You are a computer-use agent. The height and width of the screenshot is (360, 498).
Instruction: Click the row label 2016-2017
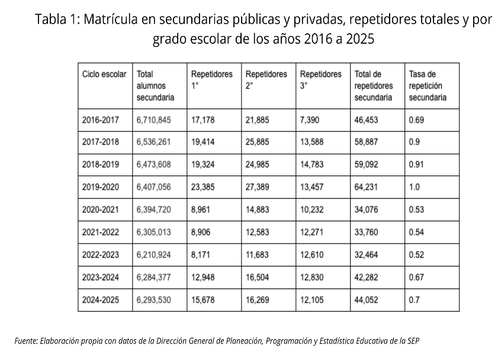point(101,120)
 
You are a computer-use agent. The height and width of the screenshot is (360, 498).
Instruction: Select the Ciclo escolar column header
point(104,75)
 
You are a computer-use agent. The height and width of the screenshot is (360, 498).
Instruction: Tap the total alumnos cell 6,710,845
point(153,120)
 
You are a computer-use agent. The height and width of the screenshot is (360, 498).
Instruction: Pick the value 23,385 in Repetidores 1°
point(203,187)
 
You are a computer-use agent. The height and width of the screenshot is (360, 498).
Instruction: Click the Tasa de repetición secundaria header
point(428,86)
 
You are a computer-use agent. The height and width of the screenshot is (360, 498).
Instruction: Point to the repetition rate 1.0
point(415,187)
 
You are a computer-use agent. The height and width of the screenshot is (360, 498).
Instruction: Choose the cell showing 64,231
point(367,187)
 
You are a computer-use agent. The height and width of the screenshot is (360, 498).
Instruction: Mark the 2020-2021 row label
point(101,210)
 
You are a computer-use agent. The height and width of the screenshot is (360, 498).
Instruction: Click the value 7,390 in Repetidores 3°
point(310,120)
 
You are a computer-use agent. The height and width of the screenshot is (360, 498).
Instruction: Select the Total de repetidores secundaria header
point(374,86)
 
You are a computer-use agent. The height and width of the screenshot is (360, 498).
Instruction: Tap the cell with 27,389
point(258,187)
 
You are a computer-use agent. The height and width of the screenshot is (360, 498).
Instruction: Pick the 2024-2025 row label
point(101,300)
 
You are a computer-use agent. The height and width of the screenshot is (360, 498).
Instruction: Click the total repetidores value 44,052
point(367,300)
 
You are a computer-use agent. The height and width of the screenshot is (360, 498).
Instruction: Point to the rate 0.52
point(417,255)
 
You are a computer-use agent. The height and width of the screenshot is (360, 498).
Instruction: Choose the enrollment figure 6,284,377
point(153,277)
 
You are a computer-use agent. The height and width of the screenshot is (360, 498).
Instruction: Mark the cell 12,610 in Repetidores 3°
point(312,255)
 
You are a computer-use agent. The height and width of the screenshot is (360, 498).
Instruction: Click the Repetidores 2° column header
point(266,80)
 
